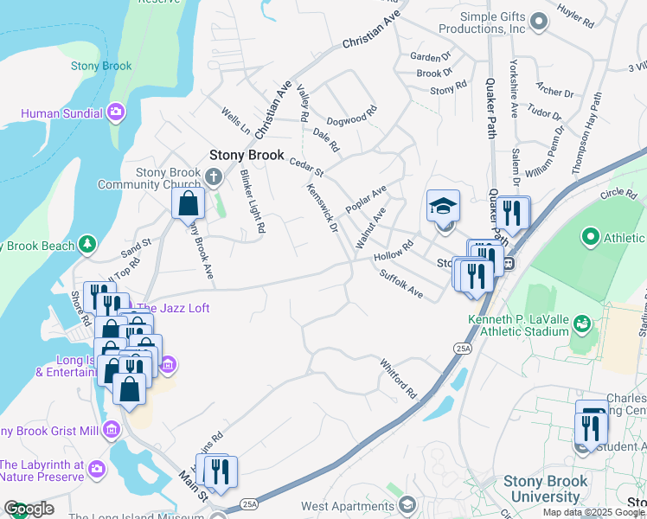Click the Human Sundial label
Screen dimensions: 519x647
point(61,113)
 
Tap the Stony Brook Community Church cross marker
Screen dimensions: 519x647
point(214,177)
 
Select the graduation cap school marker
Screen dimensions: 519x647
point(443,208)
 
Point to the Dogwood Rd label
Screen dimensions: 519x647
point(352,115)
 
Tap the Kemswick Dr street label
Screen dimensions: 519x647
point(321,208)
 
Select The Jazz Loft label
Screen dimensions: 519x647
point(172,308)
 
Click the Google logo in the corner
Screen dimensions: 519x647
point(29,509)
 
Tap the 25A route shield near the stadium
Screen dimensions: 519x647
point(462,348)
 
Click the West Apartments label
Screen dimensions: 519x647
point(345,505)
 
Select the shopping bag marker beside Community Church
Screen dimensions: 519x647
point(188,204)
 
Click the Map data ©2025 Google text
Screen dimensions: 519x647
point(593,512)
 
